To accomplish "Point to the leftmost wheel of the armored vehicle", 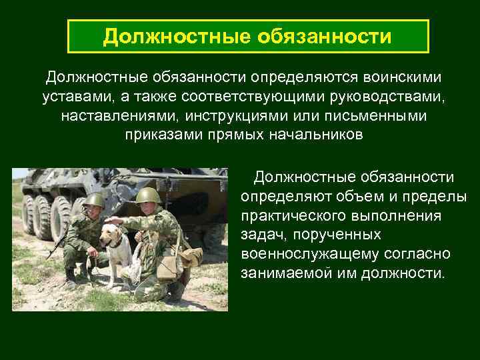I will [29, 213].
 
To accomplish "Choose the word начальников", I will [314, 135].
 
